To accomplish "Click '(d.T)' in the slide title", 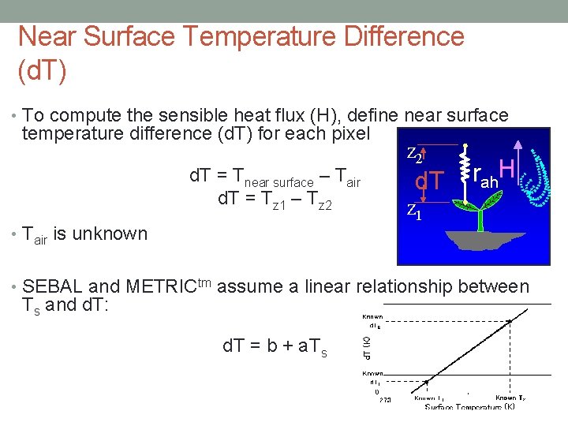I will pos(42,69).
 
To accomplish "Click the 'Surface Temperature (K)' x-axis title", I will pos(470,407).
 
